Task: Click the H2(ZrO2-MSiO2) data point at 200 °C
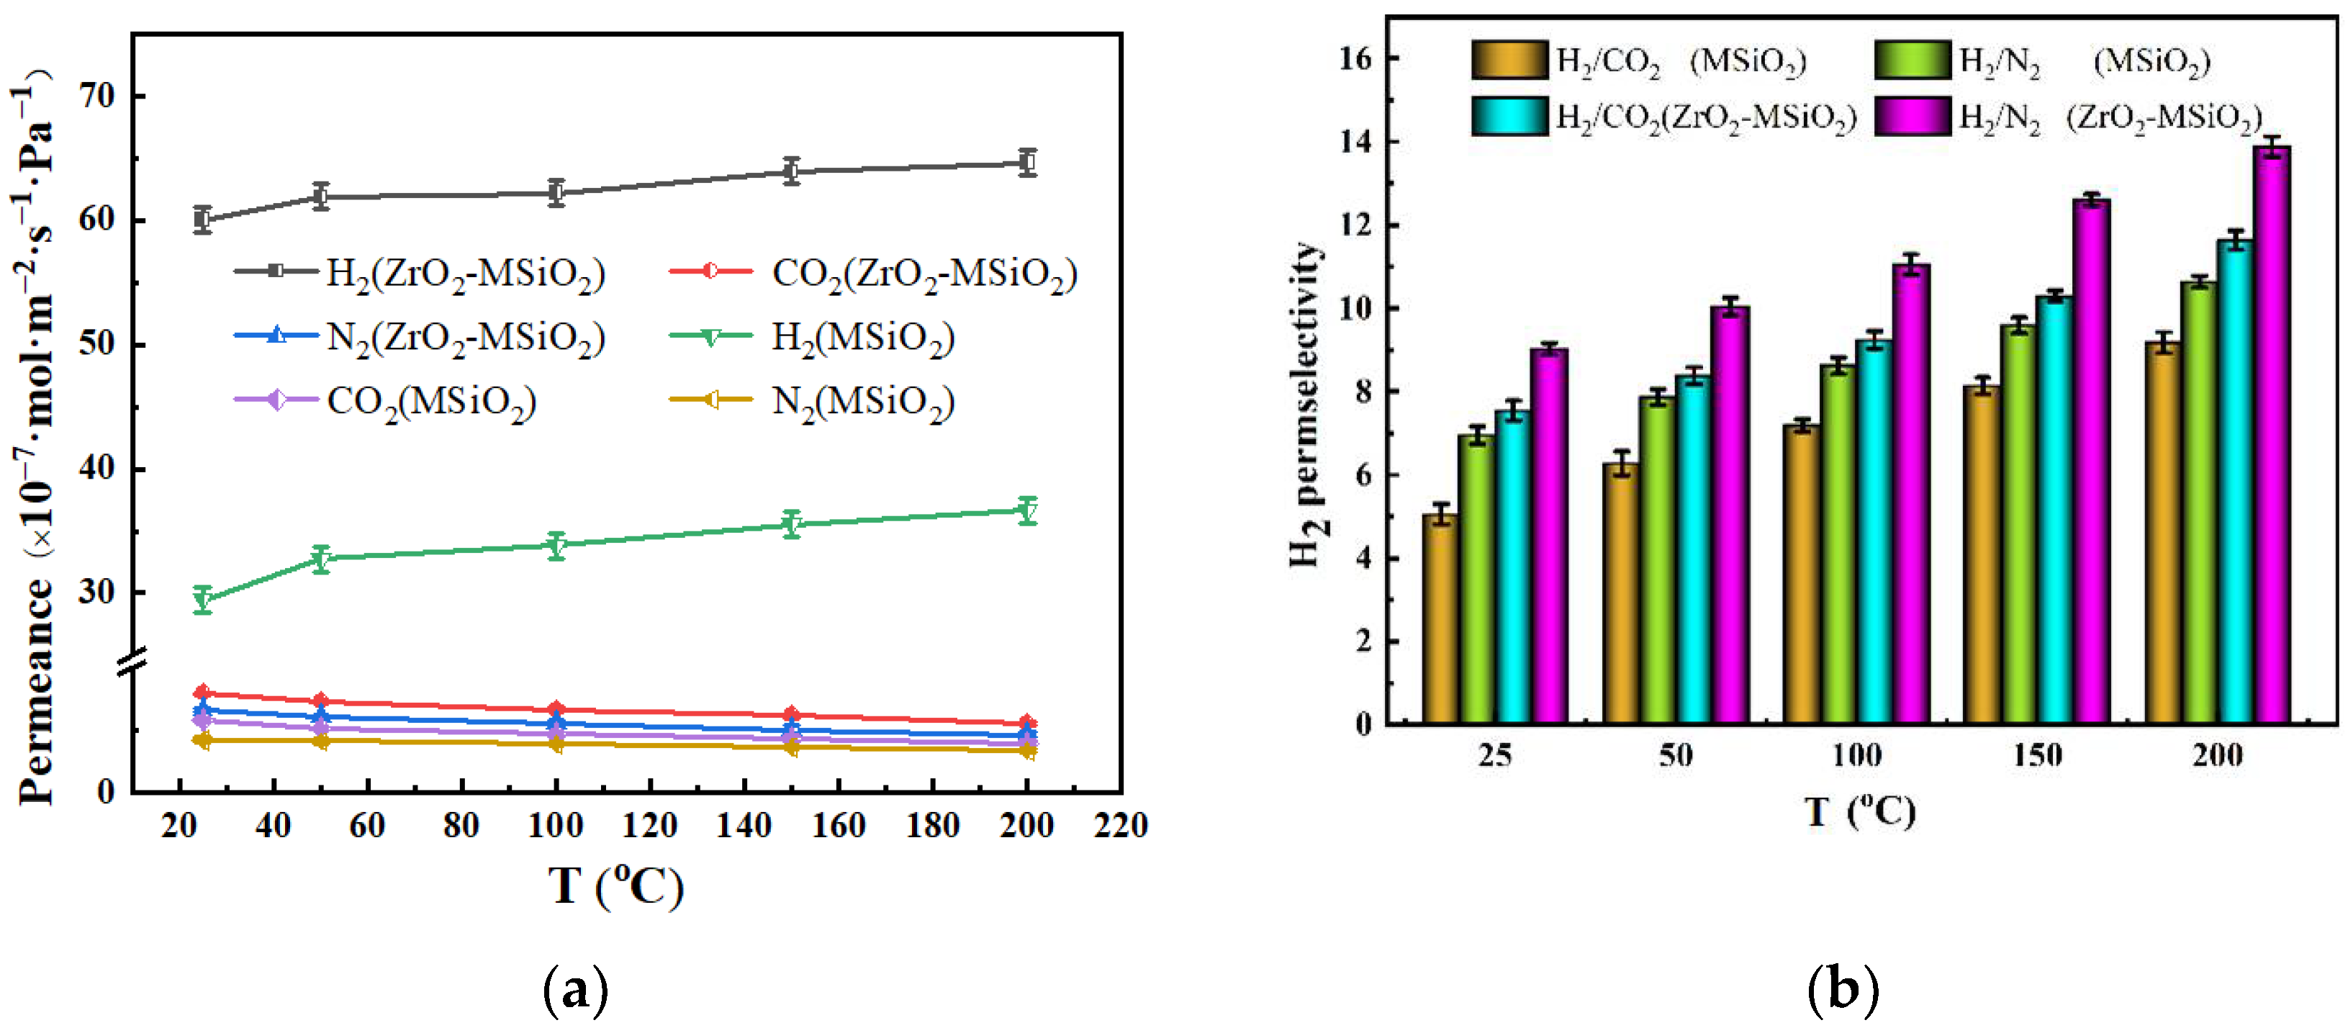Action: pyautogui.click(x=1027, y=163)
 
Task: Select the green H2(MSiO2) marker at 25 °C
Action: pyautogui.click(x=202, y=599)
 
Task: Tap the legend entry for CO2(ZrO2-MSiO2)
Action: pyautogui.click(x=873, y=273)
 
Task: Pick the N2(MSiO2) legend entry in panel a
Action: pyautogui.click(x=811, y=401)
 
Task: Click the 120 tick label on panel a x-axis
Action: pyautogui.click(x=650, y=826)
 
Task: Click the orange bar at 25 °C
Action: pyautogui.click(x=1440, y=620)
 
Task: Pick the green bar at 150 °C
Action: pyautogui.click(x=2018, y=525)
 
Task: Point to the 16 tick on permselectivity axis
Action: pyautogui.click(x=1355, y=58)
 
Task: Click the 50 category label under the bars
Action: pyautogui.click(x=1675, y=755)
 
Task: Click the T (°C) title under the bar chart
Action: pyautogui.click(x=1859, y=811)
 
